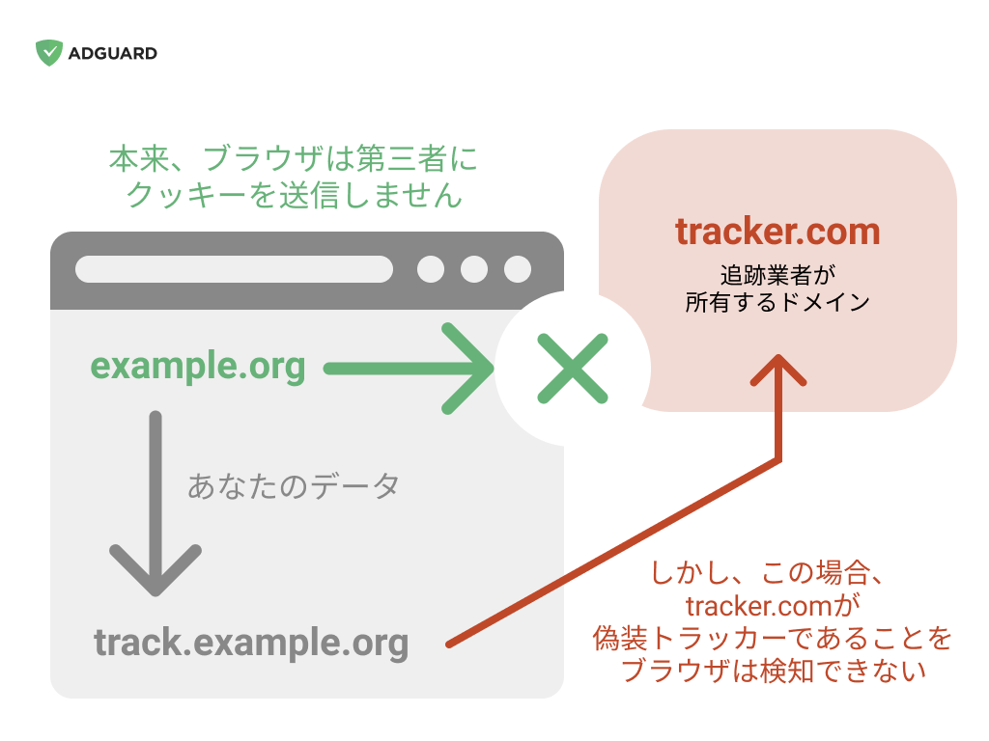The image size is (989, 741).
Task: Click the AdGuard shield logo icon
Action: [49, 53]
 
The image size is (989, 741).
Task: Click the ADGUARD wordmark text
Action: [113, 54]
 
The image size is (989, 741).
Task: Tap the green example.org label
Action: [198, 367]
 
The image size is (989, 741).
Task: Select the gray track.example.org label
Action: [251, 644]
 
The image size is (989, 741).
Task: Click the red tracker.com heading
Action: [777, 232]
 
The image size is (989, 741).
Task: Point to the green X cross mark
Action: [573, 369]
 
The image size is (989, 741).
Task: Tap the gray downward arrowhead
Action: [155, 570]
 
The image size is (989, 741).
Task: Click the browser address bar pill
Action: [234, 269]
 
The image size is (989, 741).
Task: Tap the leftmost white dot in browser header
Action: [431, 269]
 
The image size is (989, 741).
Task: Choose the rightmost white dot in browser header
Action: [518, 269]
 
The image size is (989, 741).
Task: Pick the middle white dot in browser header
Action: [474, 269]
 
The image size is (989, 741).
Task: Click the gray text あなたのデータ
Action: [294, 486]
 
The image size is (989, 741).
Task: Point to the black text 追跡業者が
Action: [777, 275]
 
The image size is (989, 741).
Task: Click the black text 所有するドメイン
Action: [777, 302]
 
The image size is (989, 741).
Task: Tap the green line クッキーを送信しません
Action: [294, 195]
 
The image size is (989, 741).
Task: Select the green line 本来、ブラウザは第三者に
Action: [294, 158]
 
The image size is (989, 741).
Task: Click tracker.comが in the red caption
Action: [773, 606]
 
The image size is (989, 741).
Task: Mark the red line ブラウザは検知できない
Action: [774, 671]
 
